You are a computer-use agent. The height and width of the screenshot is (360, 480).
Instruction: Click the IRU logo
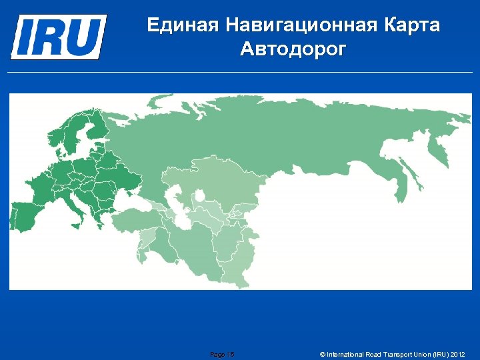pyautogui.click(x=58, y=36)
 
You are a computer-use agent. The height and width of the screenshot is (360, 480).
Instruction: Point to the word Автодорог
pyautogui.click(x=293, y=49)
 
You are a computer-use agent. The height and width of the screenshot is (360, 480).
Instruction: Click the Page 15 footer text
pyautogui.click(x=222, y=354)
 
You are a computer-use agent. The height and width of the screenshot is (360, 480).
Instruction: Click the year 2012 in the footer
pyautogui.click(x=457, y=354)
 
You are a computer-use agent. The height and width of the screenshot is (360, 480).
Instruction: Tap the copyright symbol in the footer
pyautogui.click(x=323, y=354)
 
